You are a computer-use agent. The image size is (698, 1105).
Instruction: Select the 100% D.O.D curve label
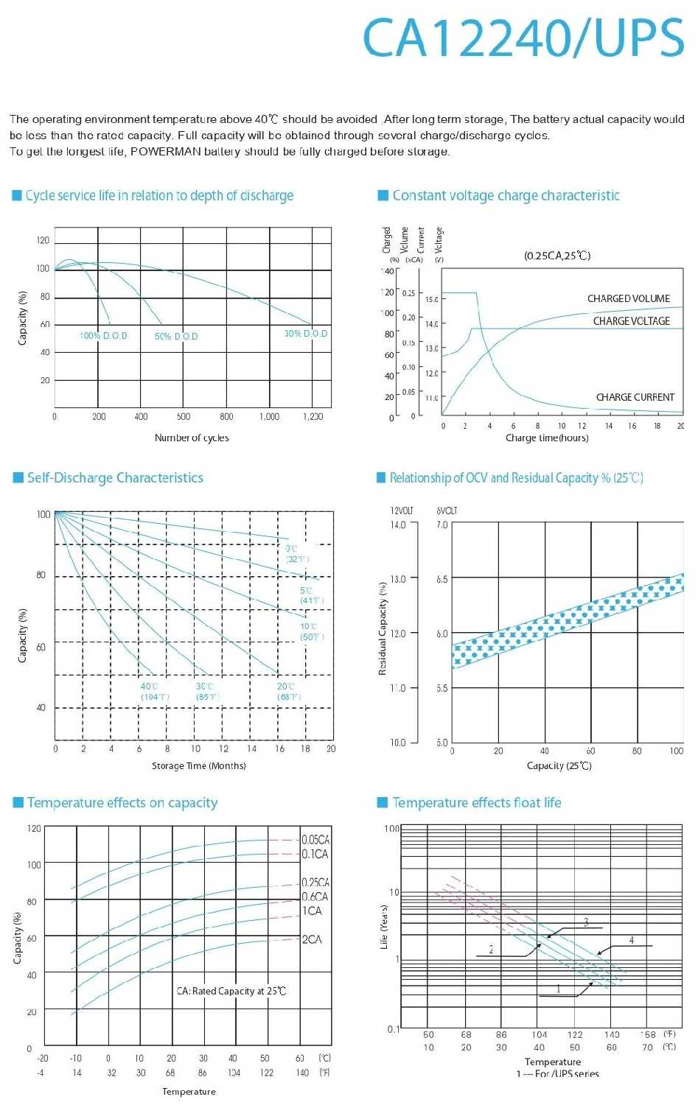coord(103,336)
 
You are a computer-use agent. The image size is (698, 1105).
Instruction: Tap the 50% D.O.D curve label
coord(176,337)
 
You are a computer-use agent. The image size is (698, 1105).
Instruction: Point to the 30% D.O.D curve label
coord(306,334)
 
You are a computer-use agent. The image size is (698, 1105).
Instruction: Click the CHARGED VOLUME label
coord(629,298)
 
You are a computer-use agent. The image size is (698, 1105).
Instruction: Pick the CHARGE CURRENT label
coord(635,397)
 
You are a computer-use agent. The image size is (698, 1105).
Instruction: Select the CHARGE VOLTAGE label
coord(632,321)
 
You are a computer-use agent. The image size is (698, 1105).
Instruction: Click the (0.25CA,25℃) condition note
coord(557,256)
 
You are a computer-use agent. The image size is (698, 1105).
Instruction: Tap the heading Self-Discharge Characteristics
coord(115,477)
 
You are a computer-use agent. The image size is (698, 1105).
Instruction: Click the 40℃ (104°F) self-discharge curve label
coord(155,691)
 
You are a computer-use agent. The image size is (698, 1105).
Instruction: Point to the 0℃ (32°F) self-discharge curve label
coord(296,553)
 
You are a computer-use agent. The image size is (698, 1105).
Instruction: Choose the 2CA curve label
coord(312,939)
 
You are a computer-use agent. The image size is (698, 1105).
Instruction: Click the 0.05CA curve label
coord(315,840)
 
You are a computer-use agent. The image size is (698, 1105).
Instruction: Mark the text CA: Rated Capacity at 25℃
coord(231,991)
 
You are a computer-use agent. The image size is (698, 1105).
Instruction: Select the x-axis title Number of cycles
coord(192,438)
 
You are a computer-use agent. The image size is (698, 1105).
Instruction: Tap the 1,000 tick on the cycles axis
coord(269,416)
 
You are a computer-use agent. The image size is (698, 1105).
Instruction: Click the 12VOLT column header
coord(402,511)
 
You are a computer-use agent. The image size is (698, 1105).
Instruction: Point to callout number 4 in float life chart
coord(632,940)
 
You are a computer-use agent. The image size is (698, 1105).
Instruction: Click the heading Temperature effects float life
coord(476,802)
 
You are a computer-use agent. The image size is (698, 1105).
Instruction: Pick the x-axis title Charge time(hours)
coord(547,438)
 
